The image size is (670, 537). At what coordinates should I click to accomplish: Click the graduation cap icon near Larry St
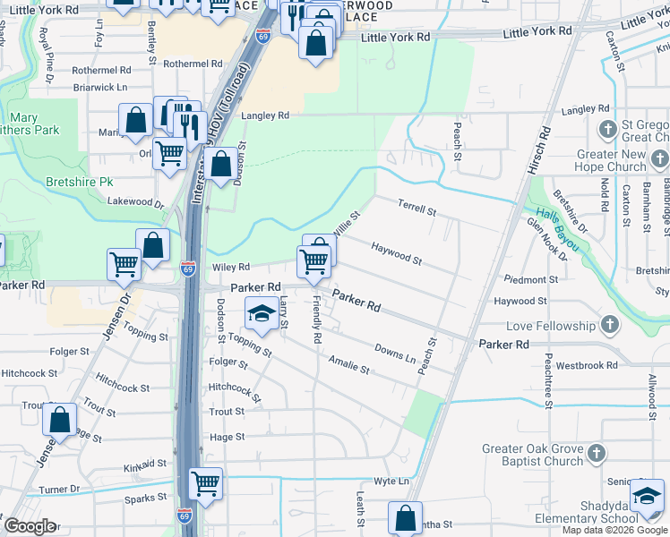pyautogui.click(x=262, y=312)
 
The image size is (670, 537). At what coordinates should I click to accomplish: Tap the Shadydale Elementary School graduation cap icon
pyautogui.click(x=647, y=495)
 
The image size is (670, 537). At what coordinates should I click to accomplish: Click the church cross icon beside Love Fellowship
pyautogui.click(x=609, y=326)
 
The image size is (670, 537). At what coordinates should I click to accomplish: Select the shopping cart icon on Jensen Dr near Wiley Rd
pyautogui.click(x=124, y=263)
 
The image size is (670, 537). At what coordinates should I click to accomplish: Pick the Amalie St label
pyautogui.click(x=348, y=362)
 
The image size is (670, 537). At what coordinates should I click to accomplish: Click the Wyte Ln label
pyautogui.click(x=391, y=482)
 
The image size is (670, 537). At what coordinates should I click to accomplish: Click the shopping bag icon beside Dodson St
pyautogui.click(x=223, y=164)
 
